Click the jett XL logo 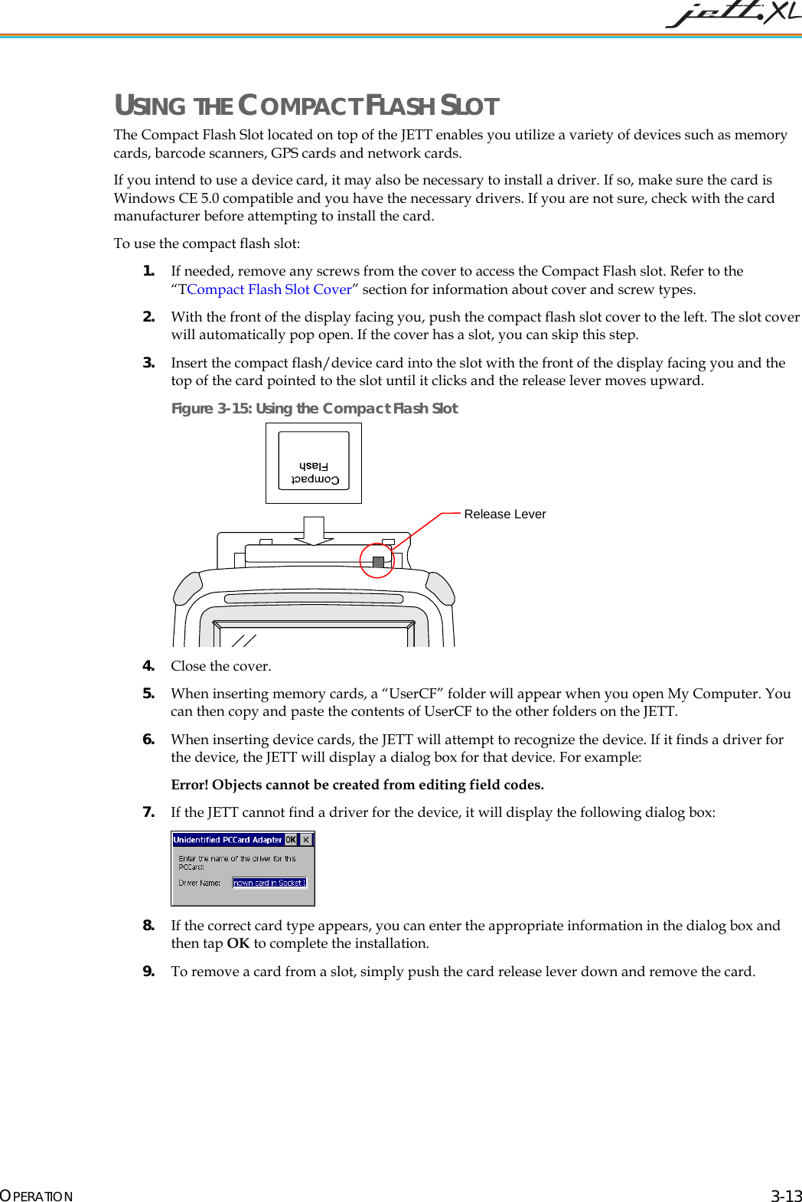click(x=732, y=14)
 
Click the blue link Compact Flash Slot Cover click(x=269, y=289)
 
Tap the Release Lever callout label click(x=504, y=514)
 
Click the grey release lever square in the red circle click(x=378, y=562)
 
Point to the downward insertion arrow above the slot click(x=314, y=531)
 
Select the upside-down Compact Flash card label click(x=315, y=472)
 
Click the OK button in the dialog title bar click(x=291, y=840)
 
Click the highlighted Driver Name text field click(x=269, y=883)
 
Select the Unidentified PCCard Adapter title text click(x=227, y=840)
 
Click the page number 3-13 click(x=786, y=1196)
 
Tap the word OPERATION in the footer click(x=37, y=1196)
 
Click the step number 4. click(x=148, y=666)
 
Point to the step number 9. click(x=148, y=972)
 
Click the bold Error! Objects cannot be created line click(x=357, y=785)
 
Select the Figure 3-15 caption click(x=315, y=408)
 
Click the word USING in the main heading click(x=150, y=106)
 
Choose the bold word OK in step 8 click(x=238, y=943)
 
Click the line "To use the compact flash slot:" click(x=207, y=243)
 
